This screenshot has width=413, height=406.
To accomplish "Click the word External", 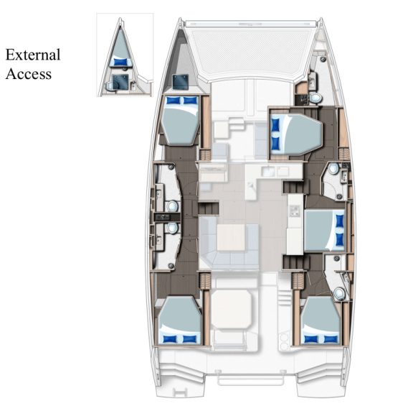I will (33, 55).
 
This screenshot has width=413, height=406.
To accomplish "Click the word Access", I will (28, 73).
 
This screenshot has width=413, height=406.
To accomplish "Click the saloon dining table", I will (232, 237).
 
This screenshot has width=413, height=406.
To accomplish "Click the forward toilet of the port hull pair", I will (172, 206).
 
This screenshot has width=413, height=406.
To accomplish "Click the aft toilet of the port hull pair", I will (172, 229).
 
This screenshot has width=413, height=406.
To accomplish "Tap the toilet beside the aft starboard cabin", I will (339, 292).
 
